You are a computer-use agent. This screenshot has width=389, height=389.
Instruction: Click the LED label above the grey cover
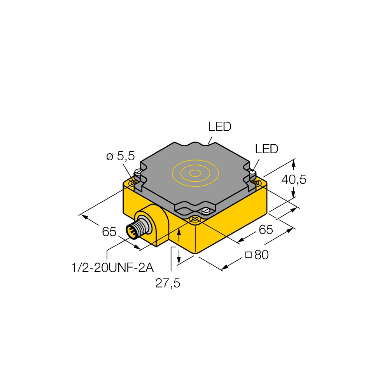(220, 127)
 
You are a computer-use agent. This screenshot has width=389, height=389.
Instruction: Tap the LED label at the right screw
(266, 149)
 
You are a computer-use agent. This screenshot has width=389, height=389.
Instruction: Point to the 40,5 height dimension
(294, 179)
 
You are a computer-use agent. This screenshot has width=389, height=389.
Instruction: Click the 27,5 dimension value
(168, 283)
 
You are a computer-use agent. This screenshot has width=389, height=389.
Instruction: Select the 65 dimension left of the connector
(109, 232)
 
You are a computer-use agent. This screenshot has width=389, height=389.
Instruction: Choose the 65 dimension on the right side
(266, 230)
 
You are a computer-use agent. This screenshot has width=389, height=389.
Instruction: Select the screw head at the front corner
(206, 211)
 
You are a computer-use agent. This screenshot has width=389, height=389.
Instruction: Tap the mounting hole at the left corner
(135, 182)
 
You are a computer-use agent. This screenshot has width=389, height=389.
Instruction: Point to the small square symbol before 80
(248, 255)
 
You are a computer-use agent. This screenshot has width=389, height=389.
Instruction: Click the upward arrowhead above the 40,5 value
(294, 163)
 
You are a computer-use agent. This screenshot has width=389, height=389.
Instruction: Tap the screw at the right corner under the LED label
(252, 172)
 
